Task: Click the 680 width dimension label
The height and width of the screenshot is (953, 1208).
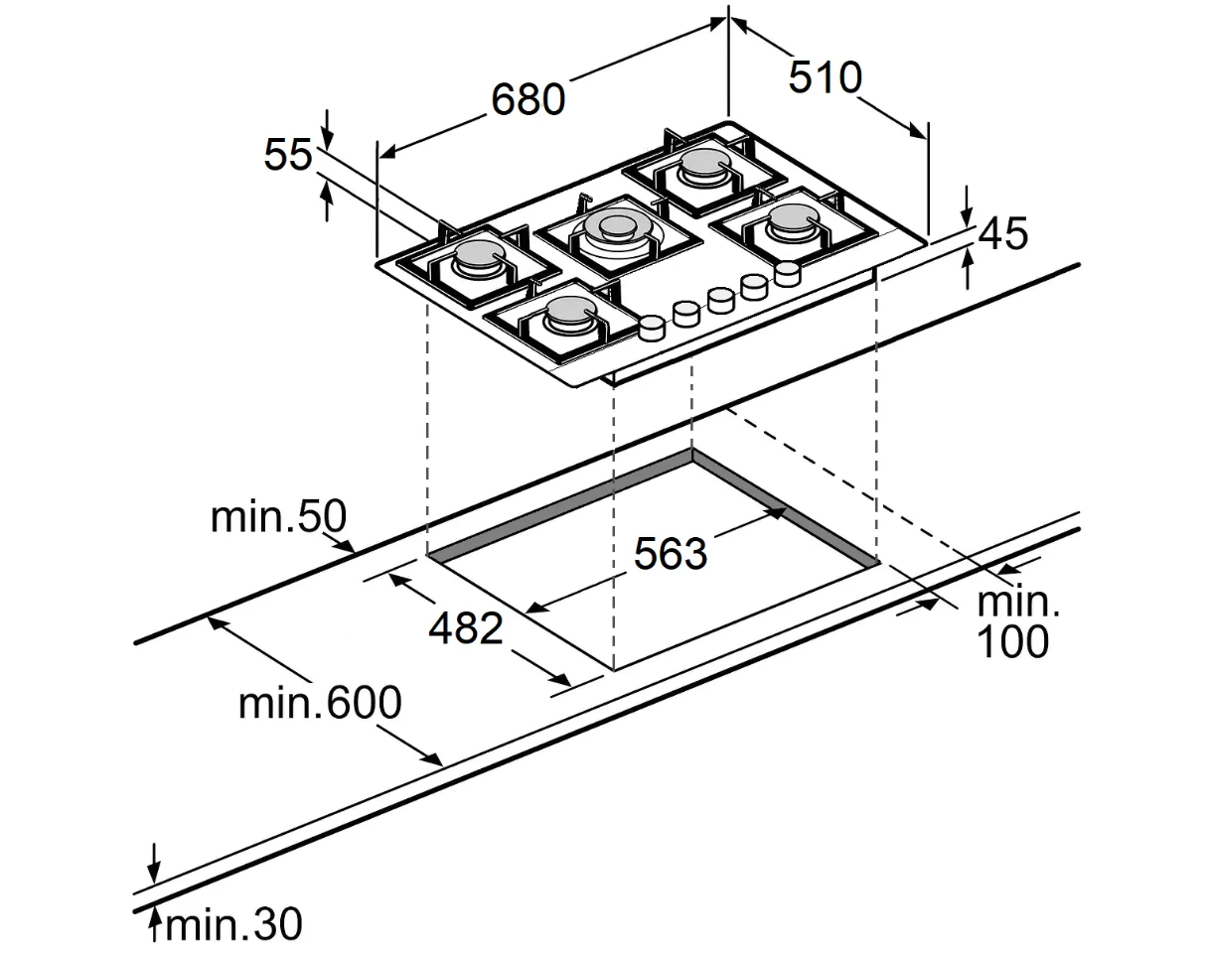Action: pos(528,99)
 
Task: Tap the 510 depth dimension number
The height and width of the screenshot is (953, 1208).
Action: pos(825,76)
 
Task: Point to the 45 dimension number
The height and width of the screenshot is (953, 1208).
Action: pos(1003,232)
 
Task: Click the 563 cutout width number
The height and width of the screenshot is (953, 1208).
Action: pos(671,554)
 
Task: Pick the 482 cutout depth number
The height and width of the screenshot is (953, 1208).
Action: pos(465,627)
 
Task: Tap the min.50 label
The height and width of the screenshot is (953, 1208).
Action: pos(279,516)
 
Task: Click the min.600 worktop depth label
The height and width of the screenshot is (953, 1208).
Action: pos(320,703)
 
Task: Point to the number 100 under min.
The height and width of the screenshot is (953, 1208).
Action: pos(1012,641)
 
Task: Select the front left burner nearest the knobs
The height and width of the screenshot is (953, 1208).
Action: pos(570,313)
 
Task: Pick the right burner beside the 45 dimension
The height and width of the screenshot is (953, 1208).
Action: pos(795,217)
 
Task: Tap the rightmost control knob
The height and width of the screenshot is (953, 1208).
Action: pos(787,274)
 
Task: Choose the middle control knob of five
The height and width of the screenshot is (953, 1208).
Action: pos(720,300)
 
